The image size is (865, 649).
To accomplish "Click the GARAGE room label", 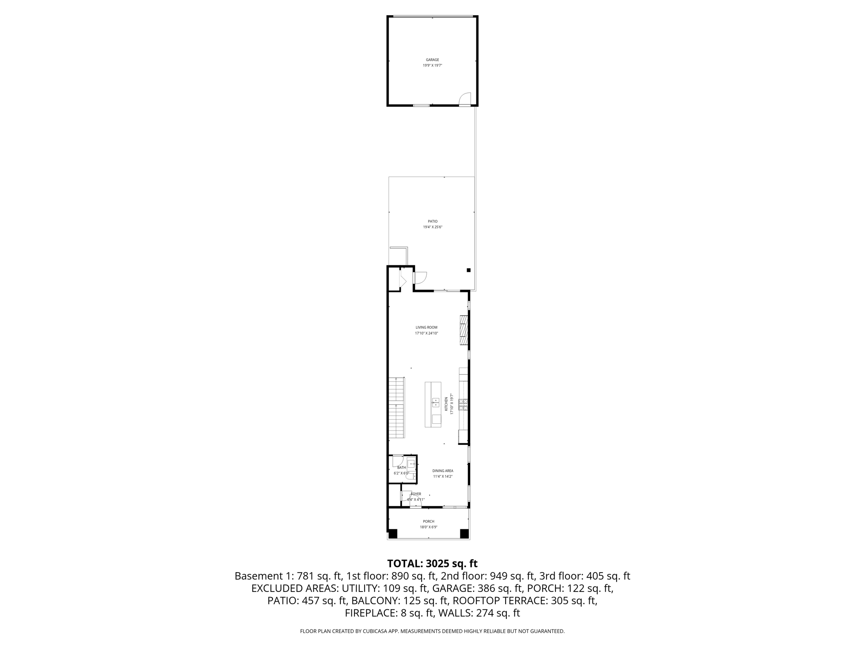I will tap(432, 60).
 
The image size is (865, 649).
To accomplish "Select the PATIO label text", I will tap(432, 221).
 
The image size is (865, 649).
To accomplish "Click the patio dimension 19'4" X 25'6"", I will tap(432, 227).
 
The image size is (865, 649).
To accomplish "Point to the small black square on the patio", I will tap(468, 270).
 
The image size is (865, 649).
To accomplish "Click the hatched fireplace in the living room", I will tap(464, 330).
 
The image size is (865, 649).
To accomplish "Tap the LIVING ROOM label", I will tap(426, 327).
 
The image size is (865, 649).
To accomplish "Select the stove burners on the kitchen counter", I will tap(463, 405).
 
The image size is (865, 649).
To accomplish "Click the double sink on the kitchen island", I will tap(435, 402).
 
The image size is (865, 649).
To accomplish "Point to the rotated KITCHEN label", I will tap(446, 404).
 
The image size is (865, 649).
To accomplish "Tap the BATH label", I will tap(401, 468).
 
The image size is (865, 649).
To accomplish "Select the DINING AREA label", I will tap(443, 471).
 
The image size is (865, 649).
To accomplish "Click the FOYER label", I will tap(416, 494).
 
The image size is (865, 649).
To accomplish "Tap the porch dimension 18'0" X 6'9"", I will tap(428, 527).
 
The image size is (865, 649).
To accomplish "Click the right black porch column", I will tap(464, 534).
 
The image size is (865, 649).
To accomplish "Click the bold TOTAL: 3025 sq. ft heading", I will tap(432, 564).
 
